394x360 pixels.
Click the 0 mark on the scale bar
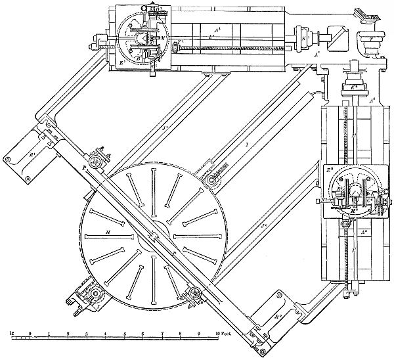click(x=30, y=334)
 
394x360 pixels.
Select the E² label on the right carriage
click(x=328, y=169)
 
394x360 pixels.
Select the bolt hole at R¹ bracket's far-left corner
click(x=7, y=159)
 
